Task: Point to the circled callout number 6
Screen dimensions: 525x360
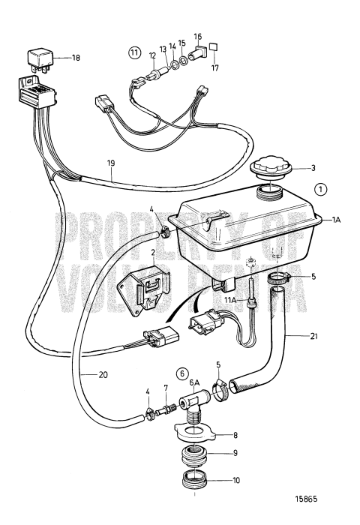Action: (182, 373)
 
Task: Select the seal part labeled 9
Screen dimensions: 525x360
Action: (196, 454)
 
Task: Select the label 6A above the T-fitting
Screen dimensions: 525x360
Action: (195, 382)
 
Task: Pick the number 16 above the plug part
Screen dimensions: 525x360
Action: (197, 36)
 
